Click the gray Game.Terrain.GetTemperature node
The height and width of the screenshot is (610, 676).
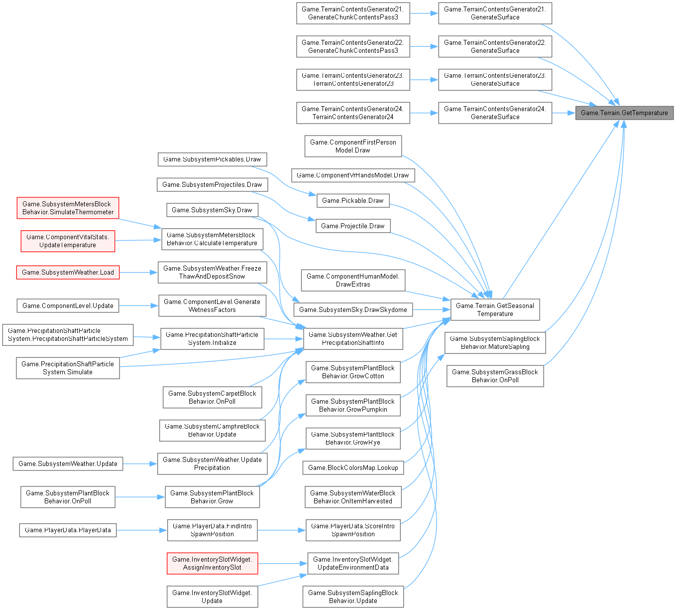coord(624,113)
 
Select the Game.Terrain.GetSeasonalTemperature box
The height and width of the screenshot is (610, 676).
coord(495,309)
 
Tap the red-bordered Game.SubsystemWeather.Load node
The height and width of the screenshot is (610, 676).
coord(68,272)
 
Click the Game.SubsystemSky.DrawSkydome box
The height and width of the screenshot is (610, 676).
coord(353,309)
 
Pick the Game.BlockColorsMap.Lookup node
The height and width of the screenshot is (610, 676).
coord(353,467)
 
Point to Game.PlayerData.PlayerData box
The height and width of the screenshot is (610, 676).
coord(68,530)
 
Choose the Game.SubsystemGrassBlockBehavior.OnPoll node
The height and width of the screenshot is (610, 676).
coord(495,376)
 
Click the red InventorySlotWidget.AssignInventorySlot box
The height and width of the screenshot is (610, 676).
coord(212,563)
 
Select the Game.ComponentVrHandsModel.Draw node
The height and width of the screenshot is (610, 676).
coord(352,175)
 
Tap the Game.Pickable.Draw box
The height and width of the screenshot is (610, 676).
coord(352,200)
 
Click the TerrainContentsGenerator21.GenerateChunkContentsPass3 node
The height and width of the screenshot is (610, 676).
coord(352,13)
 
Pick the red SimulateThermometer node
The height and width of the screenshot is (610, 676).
coord(68,208)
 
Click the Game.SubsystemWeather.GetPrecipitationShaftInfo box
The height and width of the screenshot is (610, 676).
coord(352,338)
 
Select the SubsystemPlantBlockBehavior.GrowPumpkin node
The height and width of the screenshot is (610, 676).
coord(352,405)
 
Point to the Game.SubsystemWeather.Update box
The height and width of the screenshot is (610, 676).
coord(68,463)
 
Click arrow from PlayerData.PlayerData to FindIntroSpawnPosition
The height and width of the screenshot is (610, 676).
coord(142,530)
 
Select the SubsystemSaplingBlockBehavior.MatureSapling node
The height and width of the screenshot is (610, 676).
coord(495,342)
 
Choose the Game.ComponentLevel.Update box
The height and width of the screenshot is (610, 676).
coord(68,305)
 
